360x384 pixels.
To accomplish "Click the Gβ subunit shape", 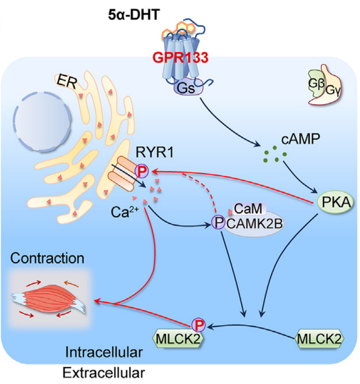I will tap(317, 85).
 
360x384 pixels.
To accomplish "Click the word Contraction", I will tap(47, 258).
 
